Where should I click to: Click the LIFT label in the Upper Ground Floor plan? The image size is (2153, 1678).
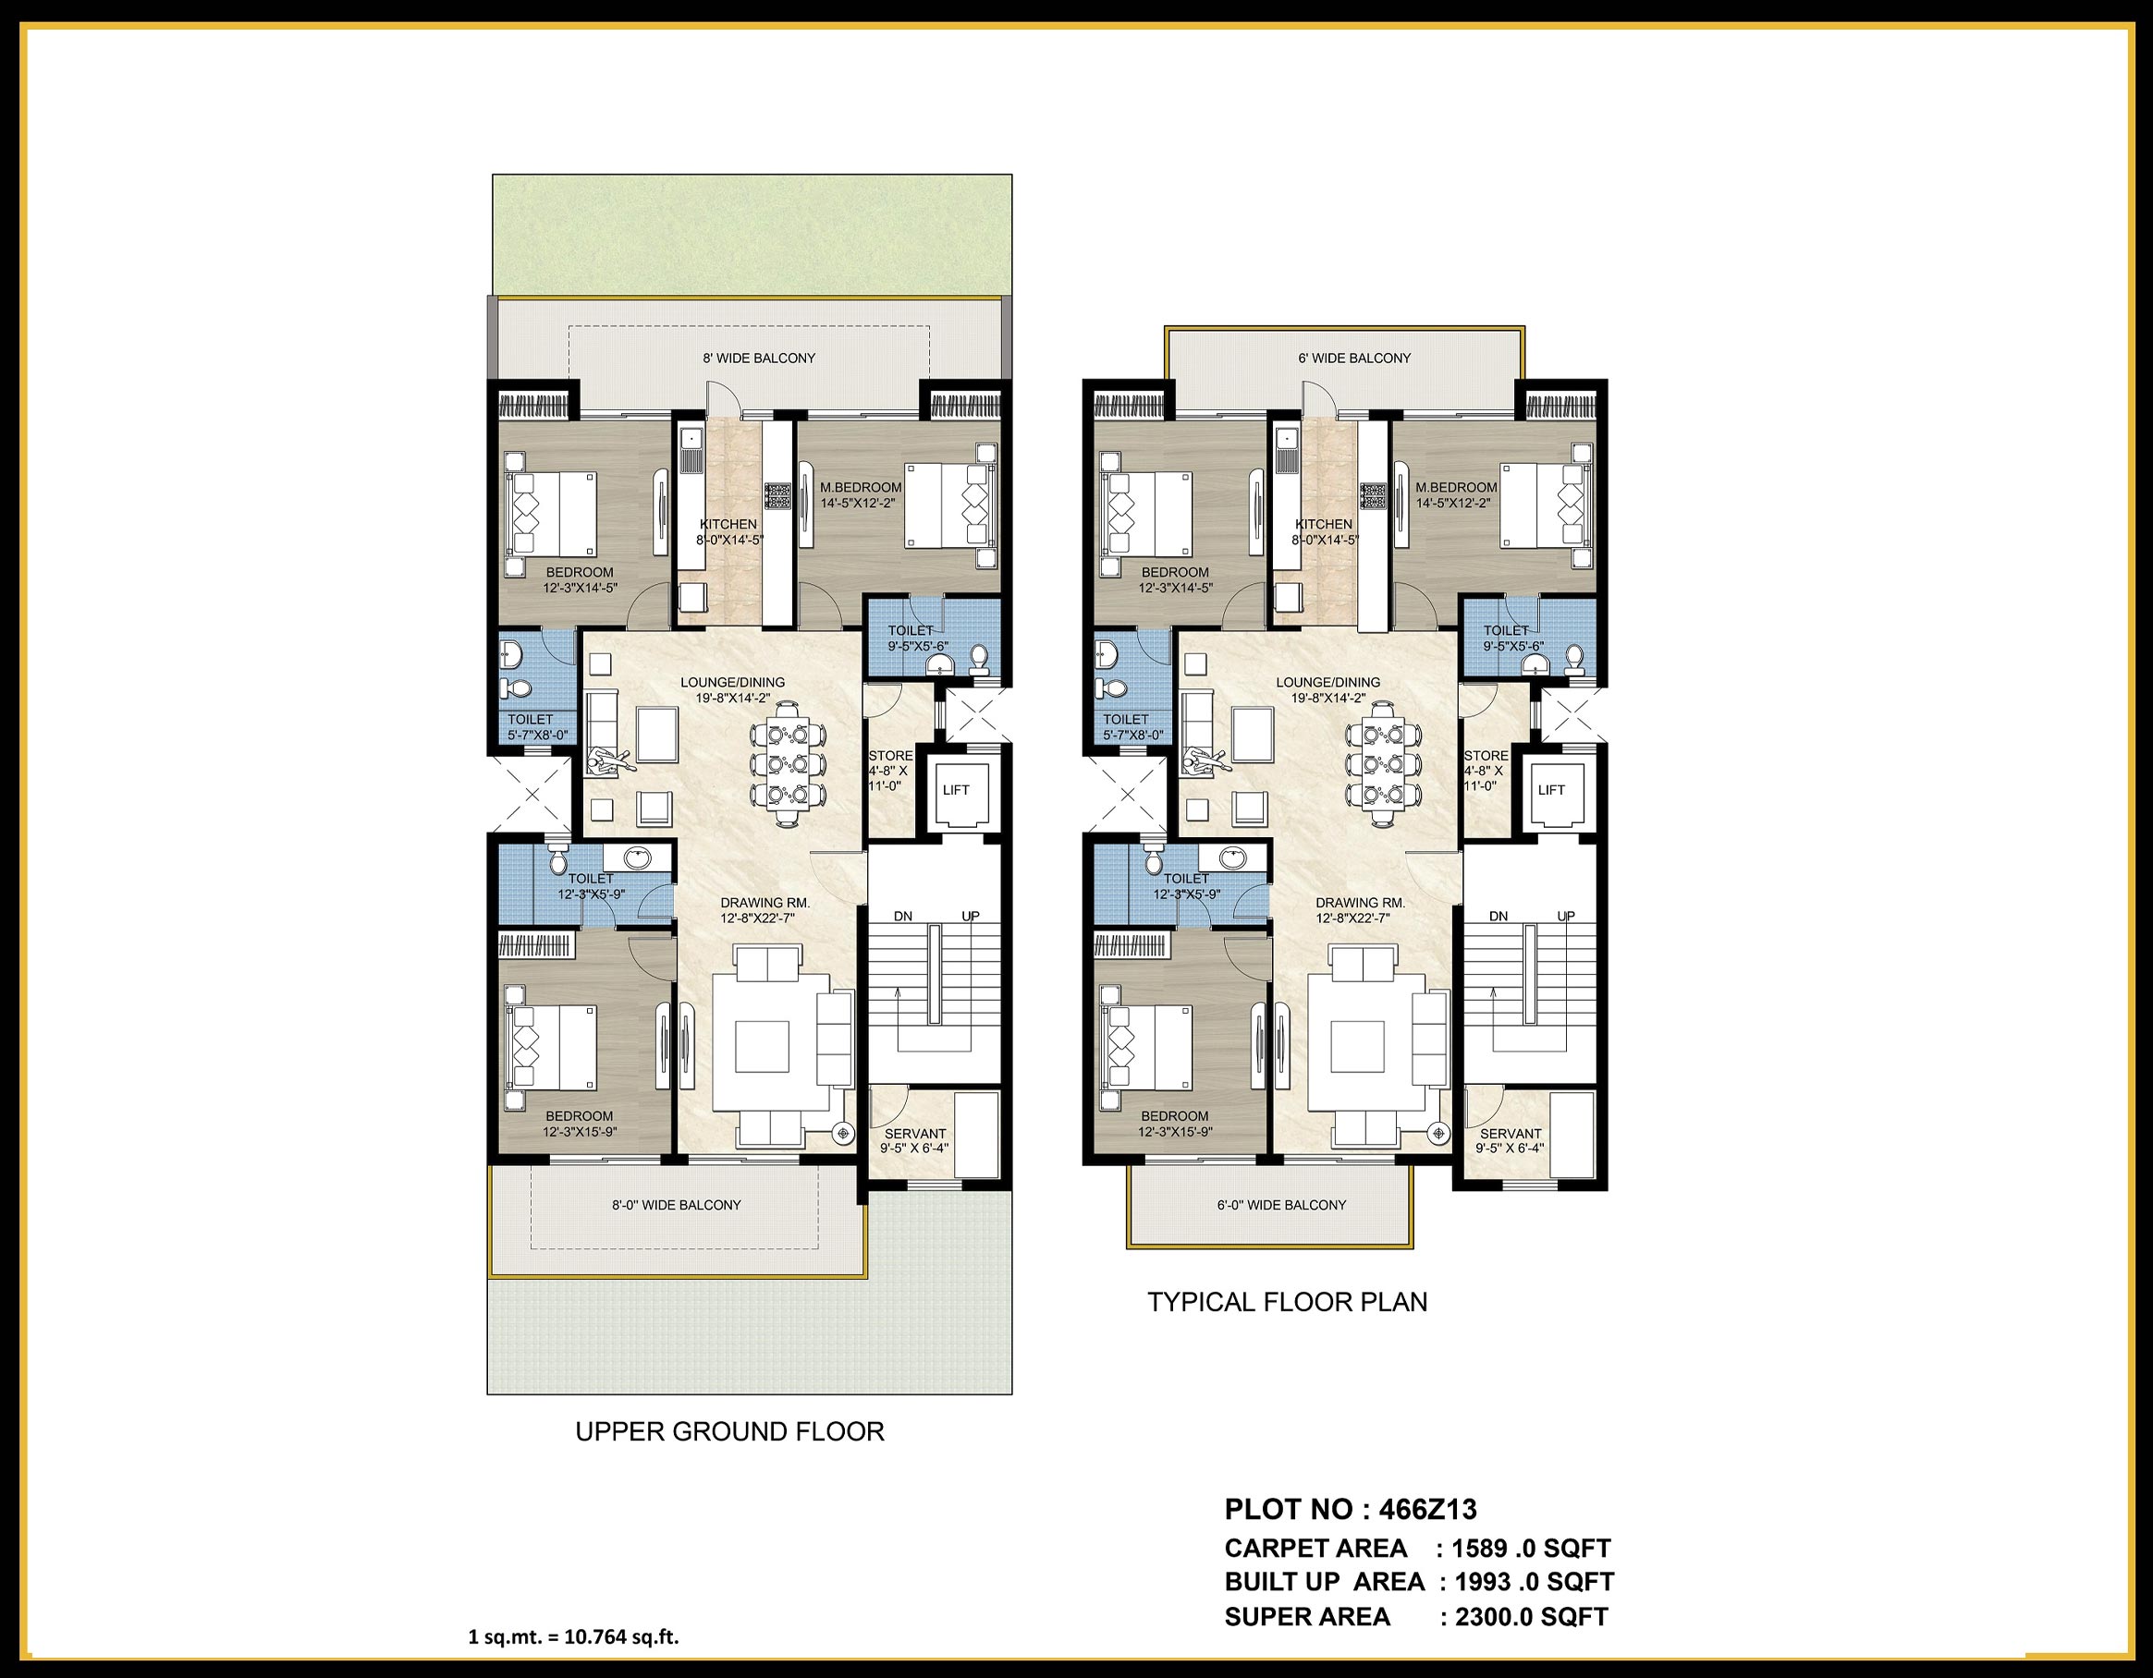click(x=955, y=789)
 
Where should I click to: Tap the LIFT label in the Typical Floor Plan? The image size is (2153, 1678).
click(x=1550, y=789)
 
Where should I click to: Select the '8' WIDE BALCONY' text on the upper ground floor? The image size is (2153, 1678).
click(x=758, y=359)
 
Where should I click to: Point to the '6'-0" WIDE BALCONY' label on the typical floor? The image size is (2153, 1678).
click(x=1280, y=1205)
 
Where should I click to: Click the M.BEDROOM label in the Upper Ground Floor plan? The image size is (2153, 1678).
click(x=861, y=488)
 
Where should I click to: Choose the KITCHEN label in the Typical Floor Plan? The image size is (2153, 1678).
click(x=1323, y=524)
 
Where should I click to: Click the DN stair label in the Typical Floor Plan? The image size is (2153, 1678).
click(x=1498, y=917)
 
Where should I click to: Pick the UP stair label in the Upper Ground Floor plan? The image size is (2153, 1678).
click(x=970, y=917)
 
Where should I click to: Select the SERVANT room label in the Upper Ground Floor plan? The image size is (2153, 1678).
click(x=915, y=1134)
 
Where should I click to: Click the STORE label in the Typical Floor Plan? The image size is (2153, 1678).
click(x=1485, y=757)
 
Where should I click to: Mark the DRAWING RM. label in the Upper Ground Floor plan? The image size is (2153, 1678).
click(x=757, y=903)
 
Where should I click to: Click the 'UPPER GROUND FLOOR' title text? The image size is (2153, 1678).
click(x=729, y=1431)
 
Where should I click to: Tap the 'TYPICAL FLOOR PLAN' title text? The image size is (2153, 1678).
click(x=1287, y=1302)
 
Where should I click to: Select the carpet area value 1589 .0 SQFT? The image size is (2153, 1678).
click(x=1531, y=1548)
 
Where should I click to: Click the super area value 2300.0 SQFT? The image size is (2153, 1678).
click(x=1531, y=1617)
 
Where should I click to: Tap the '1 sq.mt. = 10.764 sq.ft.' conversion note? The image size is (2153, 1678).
click(x=573, y=1637)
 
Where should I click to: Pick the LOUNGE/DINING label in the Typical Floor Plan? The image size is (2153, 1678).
click(x=1327, y=682)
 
